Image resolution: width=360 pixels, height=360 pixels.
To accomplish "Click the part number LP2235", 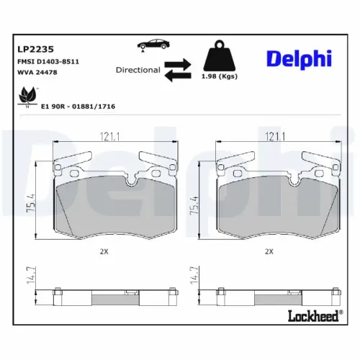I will click(34, 50).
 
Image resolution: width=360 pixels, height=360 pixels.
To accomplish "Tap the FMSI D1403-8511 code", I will click(48, 62).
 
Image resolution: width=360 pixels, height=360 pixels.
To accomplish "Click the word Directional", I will click(138, 71).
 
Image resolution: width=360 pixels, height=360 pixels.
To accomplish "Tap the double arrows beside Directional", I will click(178, 70).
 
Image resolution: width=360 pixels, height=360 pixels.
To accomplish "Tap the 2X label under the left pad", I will click(104, 252).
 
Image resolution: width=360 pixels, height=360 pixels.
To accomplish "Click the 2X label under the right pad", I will click(269, 252).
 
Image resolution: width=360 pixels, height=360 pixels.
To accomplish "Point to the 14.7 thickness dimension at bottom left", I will click(30, 276).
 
